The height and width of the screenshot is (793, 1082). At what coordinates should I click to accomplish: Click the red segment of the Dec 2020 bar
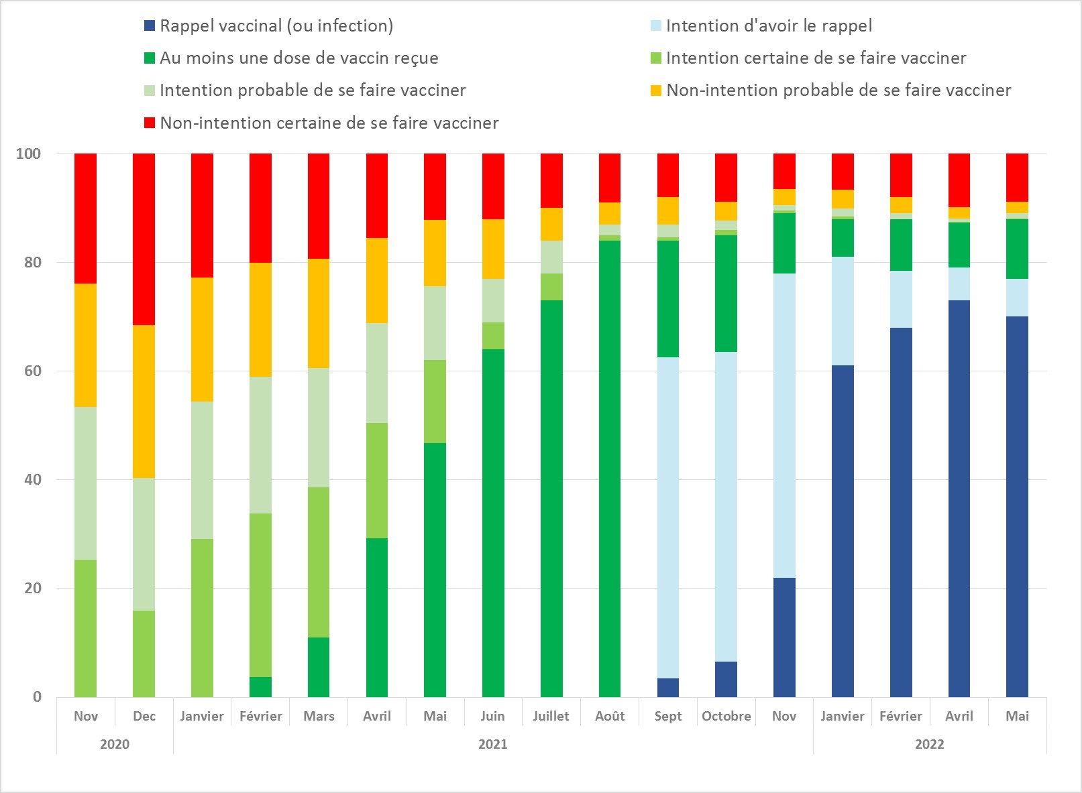pyautogui.click(x=144, y=239)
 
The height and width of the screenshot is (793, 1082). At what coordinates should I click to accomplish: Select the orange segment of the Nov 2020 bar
pyautogui.click(x=85, y=345)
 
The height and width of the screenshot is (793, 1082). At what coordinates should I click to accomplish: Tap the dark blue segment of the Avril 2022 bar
pyautogui.click(x=959, y=498)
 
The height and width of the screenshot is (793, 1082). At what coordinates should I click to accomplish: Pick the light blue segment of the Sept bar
pyautogui.click(x=667, y=517)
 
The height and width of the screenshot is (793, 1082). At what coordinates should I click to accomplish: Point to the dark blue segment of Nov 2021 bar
pyautogui.click(x=784, y=637)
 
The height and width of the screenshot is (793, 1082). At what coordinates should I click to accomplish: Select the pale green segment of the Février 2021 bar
pyautogui.click(x=260, y=444)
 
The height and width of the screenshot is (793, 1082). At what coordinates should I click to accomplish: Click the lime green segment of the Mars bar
pyautogui.click(x=319, y=562)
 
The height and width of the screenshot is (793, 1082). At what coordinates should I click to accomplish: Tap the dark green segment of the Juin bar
pyautogui.click(x=493, y=523)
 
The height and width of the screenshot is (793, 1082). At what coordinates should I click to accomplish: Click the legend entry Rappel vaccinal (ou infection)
pyautogui.click(x=276, y=25)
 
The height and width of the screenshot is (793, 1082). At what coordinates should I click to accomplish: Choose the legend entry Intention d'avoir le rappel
pyautogui.click(x=768, y=25)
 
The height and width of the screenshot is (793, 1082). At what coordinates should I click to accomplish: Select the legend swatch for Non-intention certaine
pyautogui.click(x=150, y=123)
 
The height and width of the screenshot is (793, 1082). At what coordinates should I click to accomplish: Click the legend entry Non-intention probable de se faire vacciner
pyautogui.click(x=838, y=90)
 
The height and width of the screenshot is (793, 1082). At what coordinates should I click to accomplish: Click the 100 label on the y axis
pyautogui.click(x=28, y=154)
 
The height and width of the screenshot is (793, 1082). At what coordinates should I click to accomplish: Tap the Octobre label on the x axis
pyautogui.click(x=726, y=716)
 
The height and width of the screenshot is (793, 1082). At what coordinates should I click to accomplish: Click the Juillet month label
pyautogui.click(x=551, y=716)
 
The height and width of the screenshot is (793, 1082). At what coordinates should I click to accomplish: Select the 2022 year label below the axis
pyautogui.click(x=929, y=744)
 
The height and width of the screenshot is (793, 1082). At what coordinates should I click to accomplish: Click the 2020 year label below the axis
pyautogui.click(x=115, y=744)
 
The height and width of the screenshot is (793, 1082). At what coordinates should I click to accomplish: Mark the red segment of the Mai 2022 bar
pyautogui.click(x=1017, y=177)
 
